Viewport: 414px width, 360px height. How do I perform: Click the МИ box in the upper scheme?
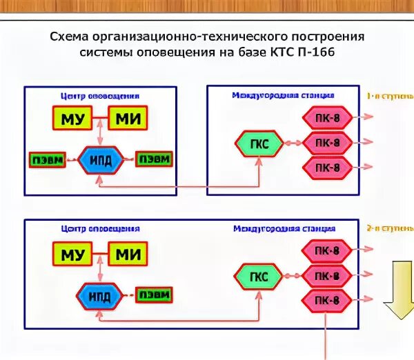coord(128,119)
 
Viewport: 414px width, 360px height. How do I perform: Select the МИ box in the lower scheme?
coord(128,254)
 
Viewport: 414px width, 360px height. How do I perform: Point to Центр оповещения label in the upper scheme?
coord(101,96)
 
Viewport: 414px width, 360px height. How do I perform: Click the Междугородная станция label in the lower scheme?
coord(284,228)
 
